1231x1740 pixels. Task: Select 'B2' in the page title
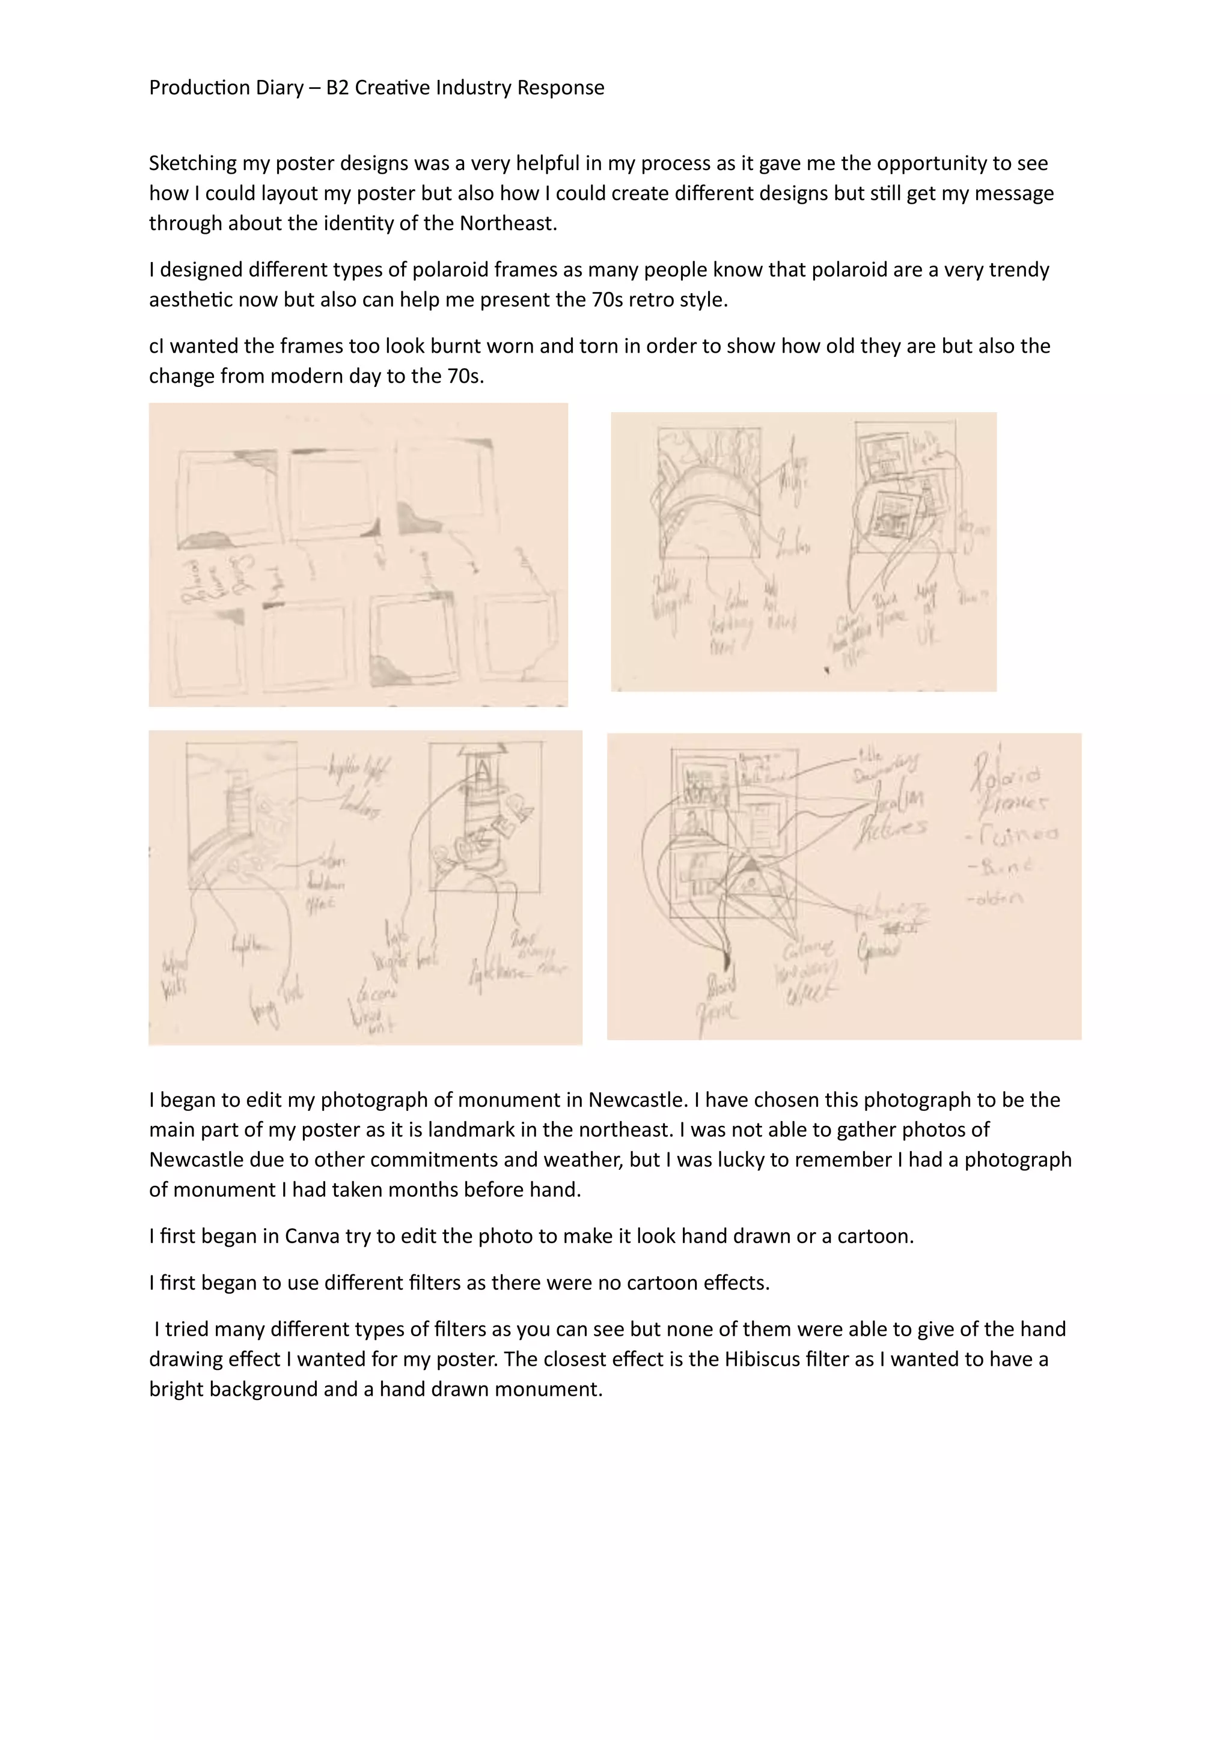(x=337, y=88)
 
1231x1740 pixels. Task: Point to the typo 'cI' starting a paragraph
(x=156, y=346)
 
